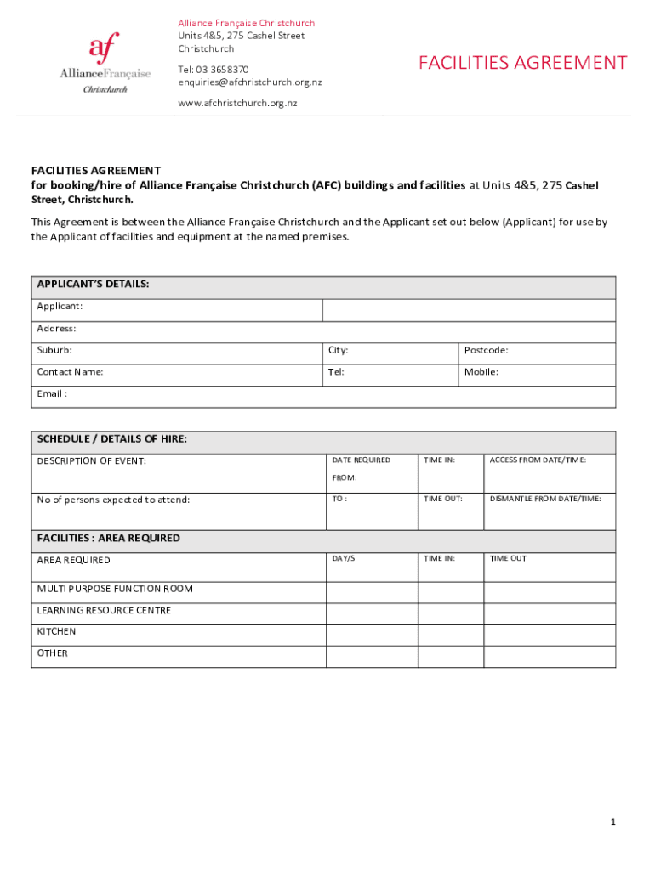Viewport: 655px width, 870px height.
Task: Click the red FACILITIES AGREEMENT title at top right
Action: point(522,63)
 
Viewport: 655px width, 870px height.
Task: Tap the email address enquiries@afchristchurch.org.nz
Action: point(249,82)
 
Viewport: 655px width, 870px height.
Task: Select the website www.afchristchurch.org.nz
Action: point(237,103)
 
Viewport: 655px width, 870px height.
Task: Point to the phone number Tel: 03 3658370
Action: point(213,69)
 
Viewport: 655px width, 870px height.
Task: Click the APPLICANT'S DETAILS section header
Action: point(94,285)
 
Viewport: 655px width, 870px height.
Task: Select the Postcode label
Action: point(486,350)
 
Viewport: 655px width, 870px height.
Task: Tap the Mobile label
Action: point(481,372)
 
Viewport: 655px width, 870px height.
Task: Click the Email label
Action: point(52,393)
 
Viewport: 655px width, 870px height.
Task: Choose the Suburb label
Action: point(54,350)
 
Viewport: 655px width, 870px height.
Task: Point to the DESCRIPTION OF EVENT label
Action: point(91,461)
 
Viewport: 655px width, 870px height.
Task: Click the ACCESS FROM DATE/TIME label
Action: point(538,460)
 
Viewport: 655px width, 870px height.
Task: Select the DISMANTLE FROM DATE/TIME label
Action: point(545,499)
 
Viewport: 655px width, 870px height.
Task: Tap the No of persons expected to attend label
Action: point(113,500)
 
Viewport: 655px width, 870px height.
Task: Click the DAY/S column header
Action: point(344,558)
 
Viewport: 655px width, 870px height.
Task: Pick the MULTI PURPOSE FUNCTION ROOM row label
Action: point(115,589)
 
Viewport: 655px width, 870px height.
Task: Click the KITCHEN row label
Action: point(56,632)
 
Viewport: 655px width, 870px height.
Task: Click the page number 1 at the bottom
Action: point(612,822)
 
